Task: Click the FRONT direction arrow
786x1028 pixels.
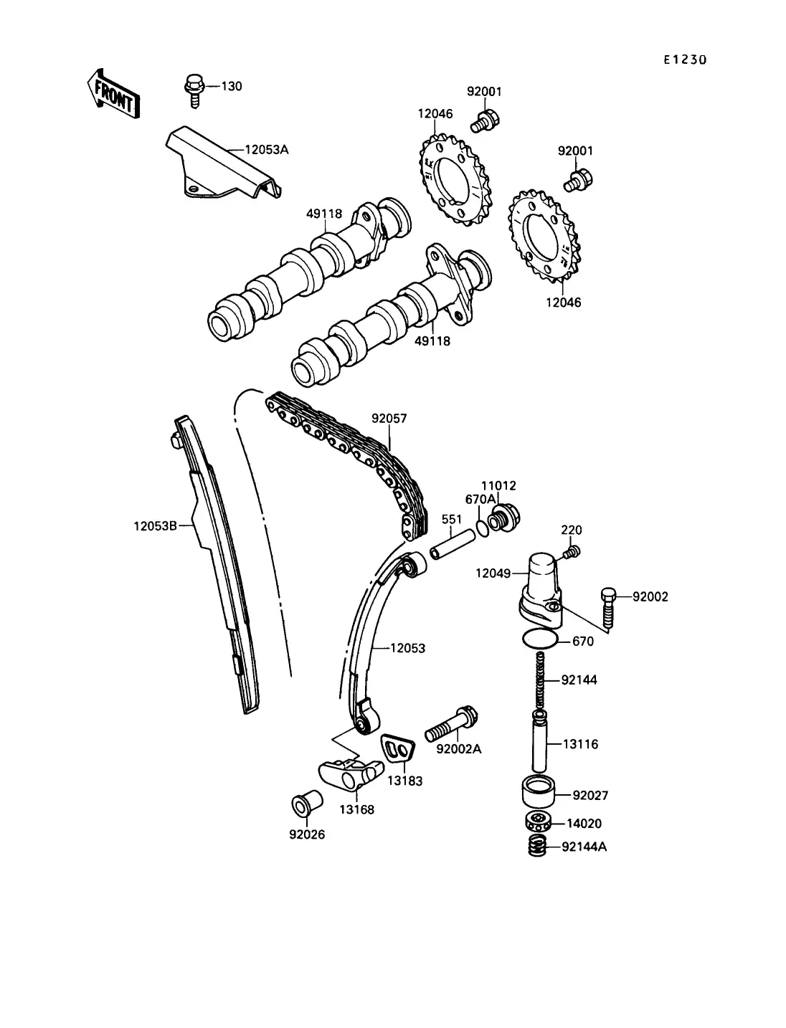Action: (x=113, y=93)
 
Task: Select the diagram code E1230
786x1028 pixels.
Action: (x=685, y=60)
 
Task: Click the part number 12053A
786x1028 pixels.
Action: (x=267, y=150)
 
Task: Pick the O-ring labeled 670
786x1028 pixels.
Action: (x=540, y=639)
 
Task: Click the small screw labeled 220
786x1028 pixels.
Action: (x=572, y=552)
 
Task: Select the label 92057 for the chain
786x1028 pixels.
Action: (x=389, y=418)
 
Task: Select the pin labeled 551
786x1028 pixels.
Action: (x=453, y=544)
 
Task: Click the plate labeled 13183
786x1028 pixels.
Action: (x=397, y=751)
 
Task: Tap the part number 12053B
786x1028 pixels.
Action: (x=156, y=526)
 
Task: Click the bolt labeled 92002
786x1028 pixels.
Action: (x=607, y=607)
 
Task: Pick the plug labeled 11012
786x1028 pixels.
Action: (x=504, y=518)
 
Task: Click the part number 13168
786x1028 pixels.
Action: (x=357, y=809)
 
